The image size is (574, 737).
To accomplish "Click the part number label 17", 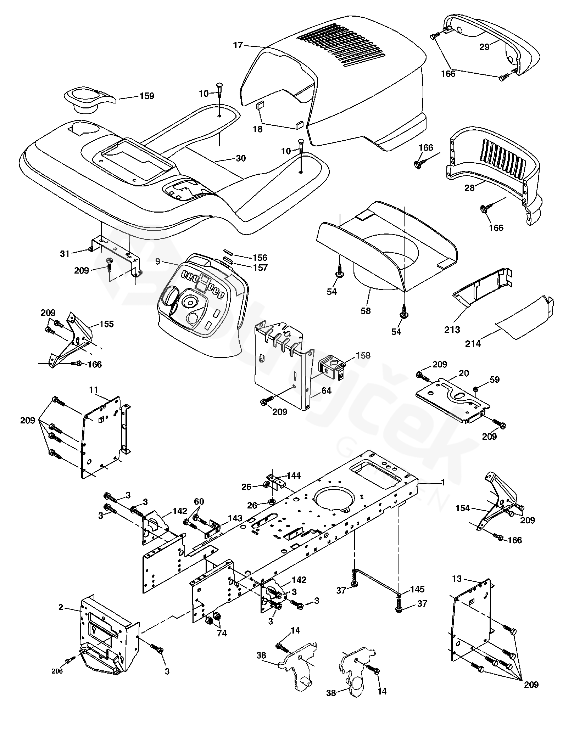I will (x=238, y=45).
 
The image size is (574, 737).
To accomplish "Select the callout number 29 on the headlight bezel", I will (x=484, y=47).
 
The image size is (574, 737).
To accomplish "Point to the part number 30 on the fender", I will (x=240, y=158).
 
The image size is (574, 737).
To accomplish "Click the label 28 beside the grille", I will (x=469, y=188).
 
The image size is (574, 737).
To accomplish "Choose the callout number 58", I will (x=366, y=311).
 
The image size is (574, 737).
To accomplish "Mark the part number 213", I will (x=452, y=330).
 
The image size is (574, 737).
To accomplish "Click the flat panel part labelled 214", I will (x=525, y=315).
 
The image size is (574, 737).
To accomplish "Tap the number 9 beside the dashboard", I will (x=158, y=261).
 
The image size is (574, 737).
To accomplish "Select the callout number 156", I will (x=260, y=258).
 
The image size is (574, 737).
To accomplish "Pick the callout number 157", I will (x=261, y=268).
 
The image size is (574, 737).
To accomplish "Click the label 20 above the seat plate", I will (x=463, y=373).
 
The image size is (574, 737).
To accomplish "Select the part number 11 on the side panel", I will (x=93, y=390).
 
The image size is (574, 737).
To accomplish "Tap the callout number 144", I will (x=294, y=476).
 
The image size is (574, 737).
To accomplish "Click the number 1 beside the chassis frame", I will (x=443, y=483).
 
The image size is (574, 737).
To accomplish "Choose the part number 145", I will (x=417, y=589).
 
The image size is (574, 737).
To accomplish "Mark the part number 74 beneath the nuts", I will (x=222, y=633).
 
